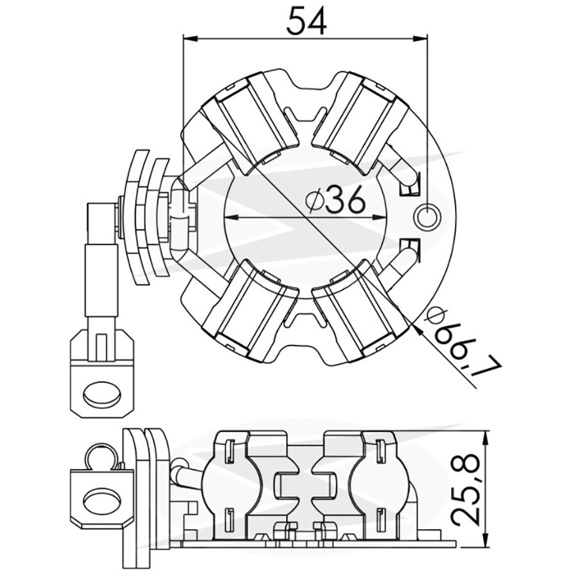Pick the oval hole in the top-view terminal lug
coord(102,395)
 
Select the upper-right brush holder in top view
coord(360,119)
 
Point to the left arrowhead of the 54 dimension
coord(190,38)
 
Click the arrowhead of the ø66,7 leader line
coord(417,328)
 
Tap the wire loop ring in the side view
coord(100,458)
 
